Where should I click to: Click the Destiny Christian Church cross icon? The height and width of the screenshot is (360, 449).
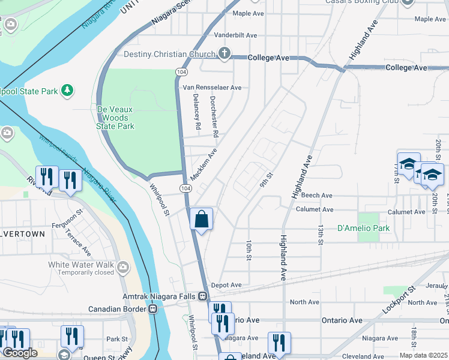click(224, 54)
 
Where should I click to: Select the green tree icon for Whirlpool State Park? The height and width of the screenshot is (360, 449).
click(68, 91)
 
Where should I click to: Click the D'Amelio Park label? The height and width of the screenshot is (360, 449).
click(363, 228)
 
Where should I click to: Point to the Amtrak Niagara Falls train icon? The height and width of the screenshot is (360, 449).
click(203, 296)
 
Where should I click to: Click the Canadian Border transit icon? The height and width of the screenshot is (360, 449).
click(153, 308)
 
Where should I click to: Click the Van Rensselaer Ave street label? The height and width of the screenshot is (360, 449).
click(212, 88)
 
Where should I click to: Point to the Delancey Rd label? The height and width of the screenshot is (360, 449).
click(196, 112)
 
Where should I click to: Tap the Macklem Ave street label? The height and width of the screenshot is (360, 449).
click(202, 166)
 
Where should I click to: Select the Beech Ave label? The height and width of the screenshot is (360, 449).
click(317, 196)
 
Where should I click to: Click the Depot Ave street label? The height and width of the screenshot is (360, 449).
click(227, 285)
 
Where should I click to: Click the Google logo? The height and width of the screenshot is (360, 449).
click(20, 353)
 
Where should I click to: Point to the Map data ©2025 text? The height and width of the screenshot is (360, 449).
click(423, 355)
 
